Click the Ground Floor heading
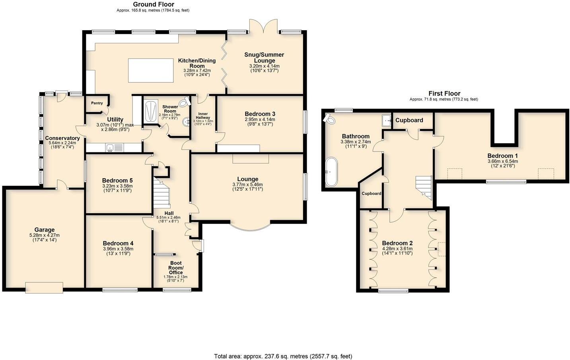[x=153, y=4]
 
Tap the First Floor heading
[x=444, y=93]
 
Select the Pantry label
[x=97, y=103]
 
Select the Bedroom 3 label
[x=260, y=114]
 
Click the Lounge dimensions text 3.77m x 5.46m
[x=247, y=185]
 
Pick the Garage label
[x=44, y=230]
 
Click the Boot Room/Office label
[x=175, y=268]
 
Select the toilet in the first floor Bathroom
[x=329, y=119]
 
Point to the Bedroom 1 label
[x=502, y=156]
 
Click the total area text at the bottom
[x=283, y=356]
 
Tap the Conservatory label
[x=62, y=138]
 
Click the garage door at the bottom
[x=44, y=287]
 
